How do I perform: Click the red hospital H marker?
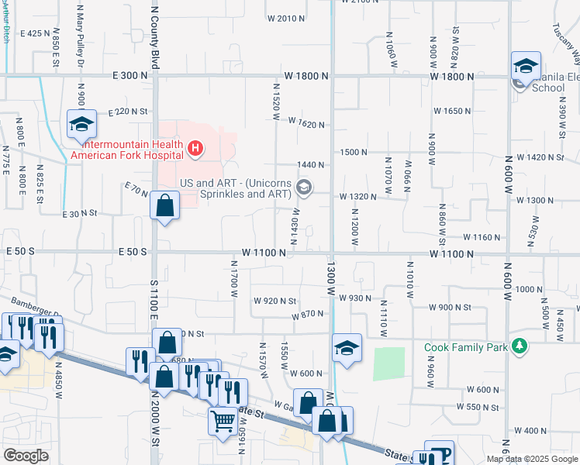point(196,147)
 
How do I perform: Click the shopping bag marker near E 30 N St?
point(165,206)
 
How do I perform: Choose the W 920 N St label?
point(274,301)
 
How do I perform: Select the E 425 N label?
point(37,33)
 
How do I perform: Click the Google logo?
point(26,456)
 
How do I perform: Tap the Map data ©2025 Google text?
point(532,459)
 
